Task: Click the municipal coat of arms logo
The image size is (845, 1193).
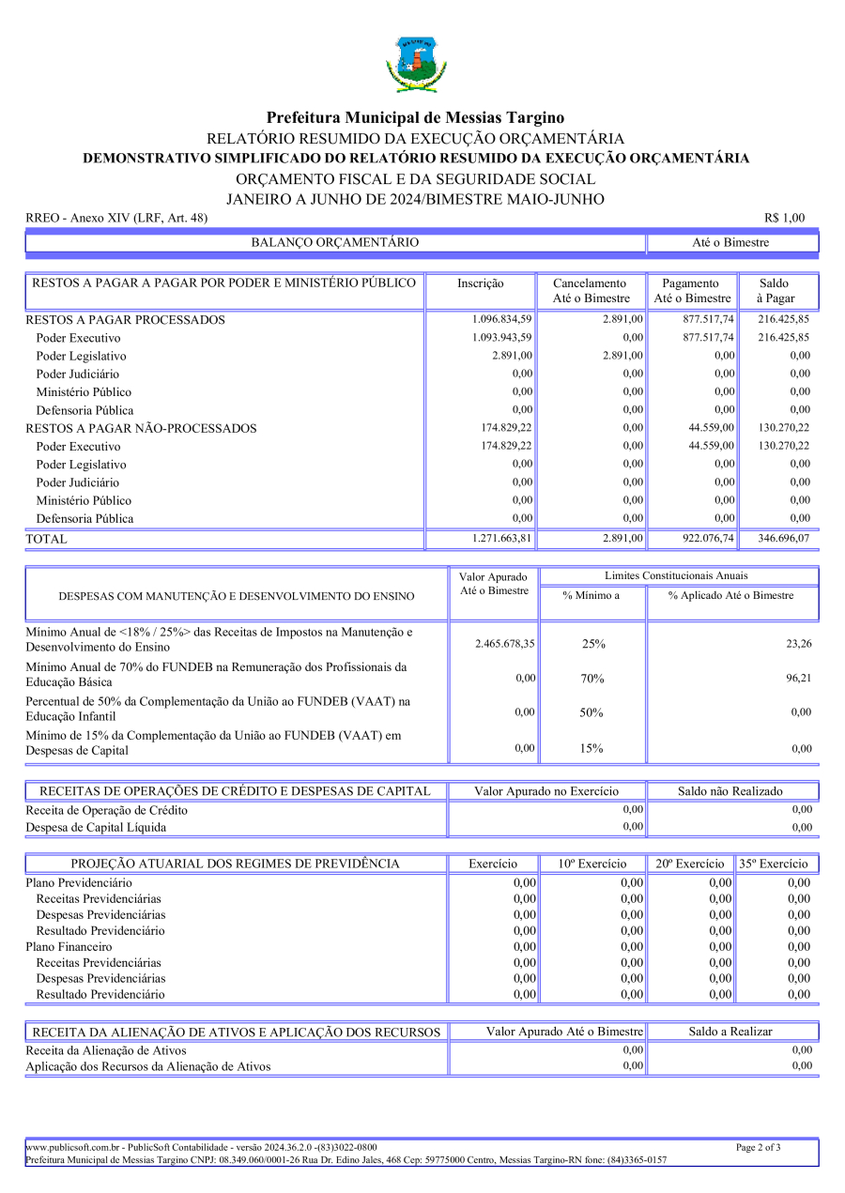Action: click(416, 64)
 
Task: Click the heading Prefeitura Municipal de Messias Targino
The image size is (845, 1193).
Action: click(415, 117)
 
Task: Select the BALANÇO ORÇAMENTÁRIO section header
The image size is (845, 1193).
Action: click(335, 243)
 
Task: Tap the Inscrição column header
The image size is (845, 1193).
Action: click(480, 283)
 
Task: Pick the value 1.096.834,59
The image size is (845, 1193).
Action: click(502, 319)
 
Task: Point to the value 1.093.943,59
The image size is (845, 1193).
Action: click(502, 337)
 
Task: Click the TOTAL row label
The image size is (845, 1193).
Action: click(46, 540)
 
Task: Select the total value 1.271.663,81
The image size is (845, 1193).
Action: click(502, 539)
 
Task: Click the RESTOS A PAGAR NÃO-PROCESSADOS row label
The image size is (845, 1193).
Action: click(141, 428)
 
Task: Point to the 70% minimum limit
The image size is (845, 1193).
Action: click(592, 679)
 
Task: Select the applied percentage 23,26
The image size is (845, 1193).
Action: click(799, 644)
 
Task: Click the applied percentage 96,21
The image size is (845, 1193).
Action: click(799, 678)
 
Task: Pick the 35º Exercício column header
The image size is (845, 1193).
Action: click(778, 864)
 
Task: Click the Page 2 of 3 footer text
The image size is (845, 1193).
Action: click(759, 1147)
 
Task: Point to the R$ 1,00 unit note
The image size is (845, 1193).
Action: click(785, 218)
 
